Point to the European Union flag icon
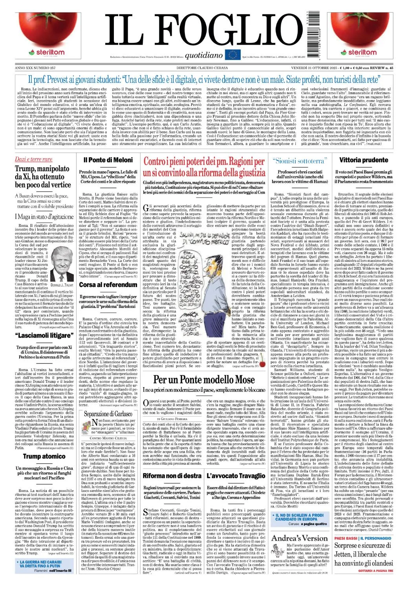(232, 55)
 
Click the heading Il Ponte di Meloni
(108, 160)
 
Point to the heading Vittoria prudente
(364, 160)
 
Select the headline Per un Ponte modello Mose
(204, 380)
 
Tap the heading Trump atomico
(44, 456)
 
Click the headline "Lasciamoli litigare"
(44, 335)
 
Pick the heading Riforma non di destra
(172, 476)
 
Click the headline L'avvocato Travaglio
(236, 476)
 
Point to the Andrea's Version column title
(299, 538)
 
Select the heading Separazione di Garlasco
(108, 414)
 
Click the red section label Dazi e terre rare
(33, 159)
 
